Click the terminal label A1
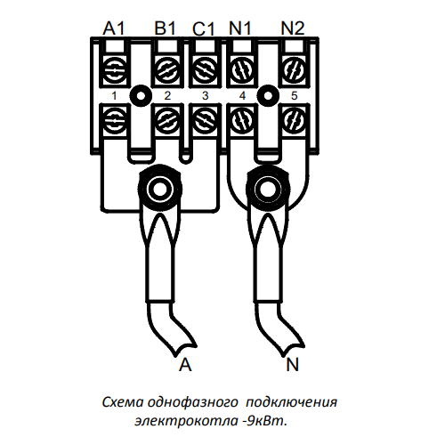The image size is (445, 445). (x=114, y=28)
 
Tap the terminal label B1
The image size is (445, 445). (x=166, y=28)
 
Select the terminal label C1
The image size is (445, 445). (x=203, y=29)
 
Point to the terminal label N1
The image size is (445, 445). (x=240, y=28)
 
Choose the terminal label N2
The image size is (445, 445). (x=293, y=28)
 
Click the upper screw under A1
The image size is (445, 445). (x=114, y=71)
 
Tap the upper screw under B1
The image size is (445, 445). (x=167, y=71)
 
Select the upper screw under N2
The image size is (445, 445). (x=295, y=71)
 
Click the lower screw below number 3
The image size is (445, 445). (x=205, y=121)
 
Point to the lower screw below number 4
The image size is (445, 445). (x=242, y=121)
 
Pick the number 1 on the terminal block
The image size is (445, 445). (x=114, y=96)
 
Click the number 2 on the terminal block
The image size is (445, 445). (x=167, y=96)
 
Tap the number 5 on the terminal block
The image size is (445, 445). (x=294, y=96)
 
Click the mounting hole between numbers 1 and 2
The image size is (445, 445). (x=141, y=96)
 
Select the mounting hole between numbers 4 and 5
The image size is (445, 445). (x=268, y=96)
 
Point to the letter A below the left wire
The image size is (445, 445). (x=185, y=364)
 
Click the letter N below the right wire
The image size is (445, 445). (x=292, y=364)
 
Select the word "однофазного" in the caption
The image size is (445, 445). (x=193, y=402)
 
